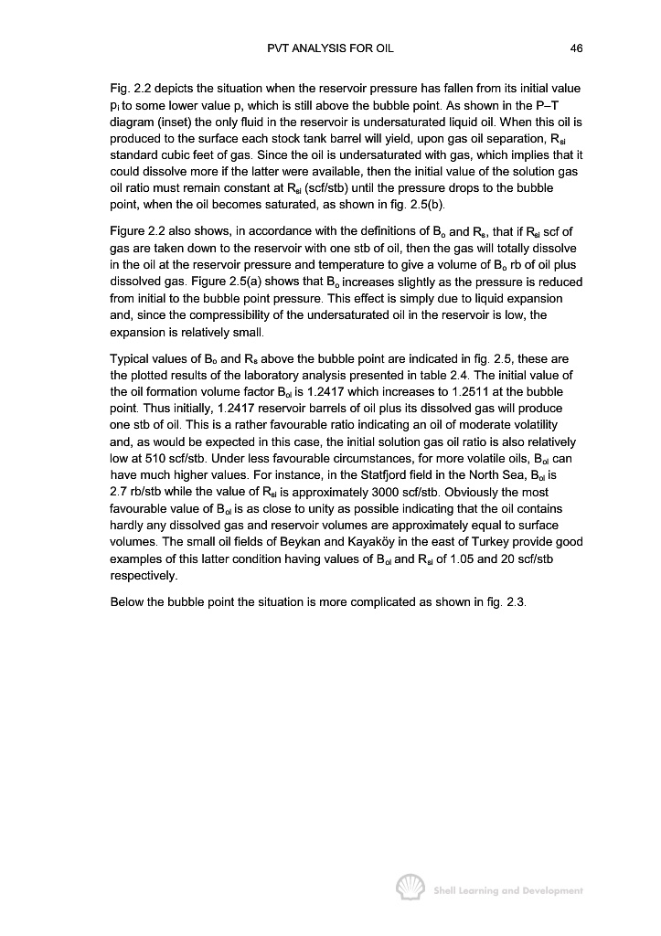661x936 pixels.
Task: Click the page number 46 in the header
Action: tap(577, 48)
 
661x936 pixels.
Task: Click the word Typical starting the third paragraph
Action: tap(129, 358)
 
